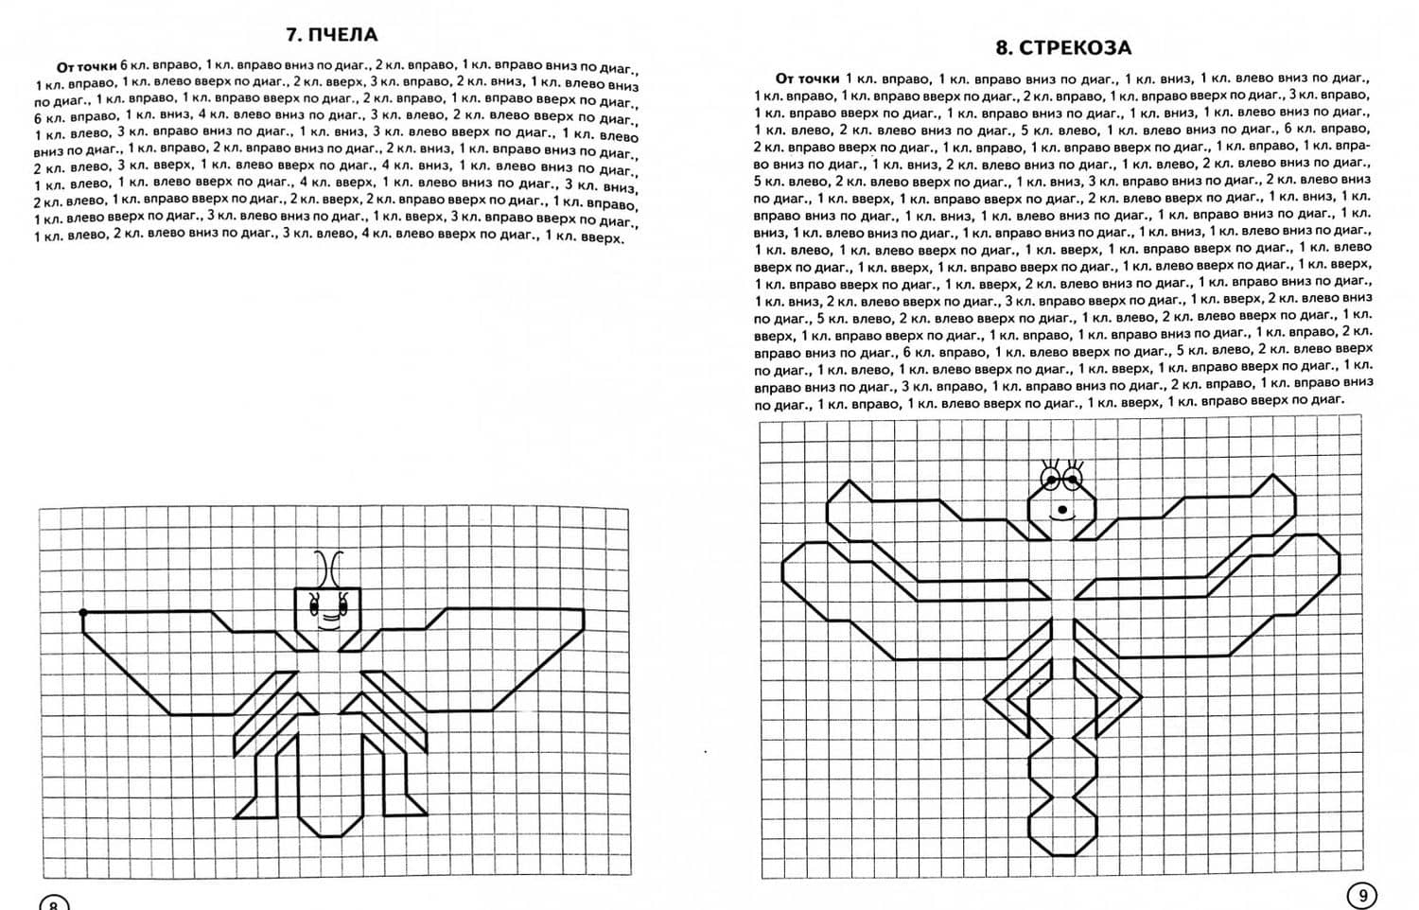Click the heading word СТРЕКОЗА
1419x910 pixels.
(1076, 47)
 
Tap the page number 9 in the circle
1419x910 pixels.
(1362, 895)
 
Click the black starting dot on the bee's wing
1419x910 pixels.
(83, 613)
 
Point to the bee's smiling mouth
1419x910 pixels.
(328, 621)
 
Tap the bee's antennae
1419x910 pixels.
(328, 568)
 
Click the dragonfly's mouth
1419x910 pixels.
(1062, 512)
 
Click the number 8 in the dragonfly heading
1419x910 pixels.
(1003, 47)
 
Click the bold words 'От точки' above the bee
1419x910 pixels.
(87, 66)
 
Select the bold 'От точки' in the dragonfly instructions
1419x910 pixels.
(807, 79)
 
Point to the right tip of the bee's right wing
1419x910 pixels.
(582, 613)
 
